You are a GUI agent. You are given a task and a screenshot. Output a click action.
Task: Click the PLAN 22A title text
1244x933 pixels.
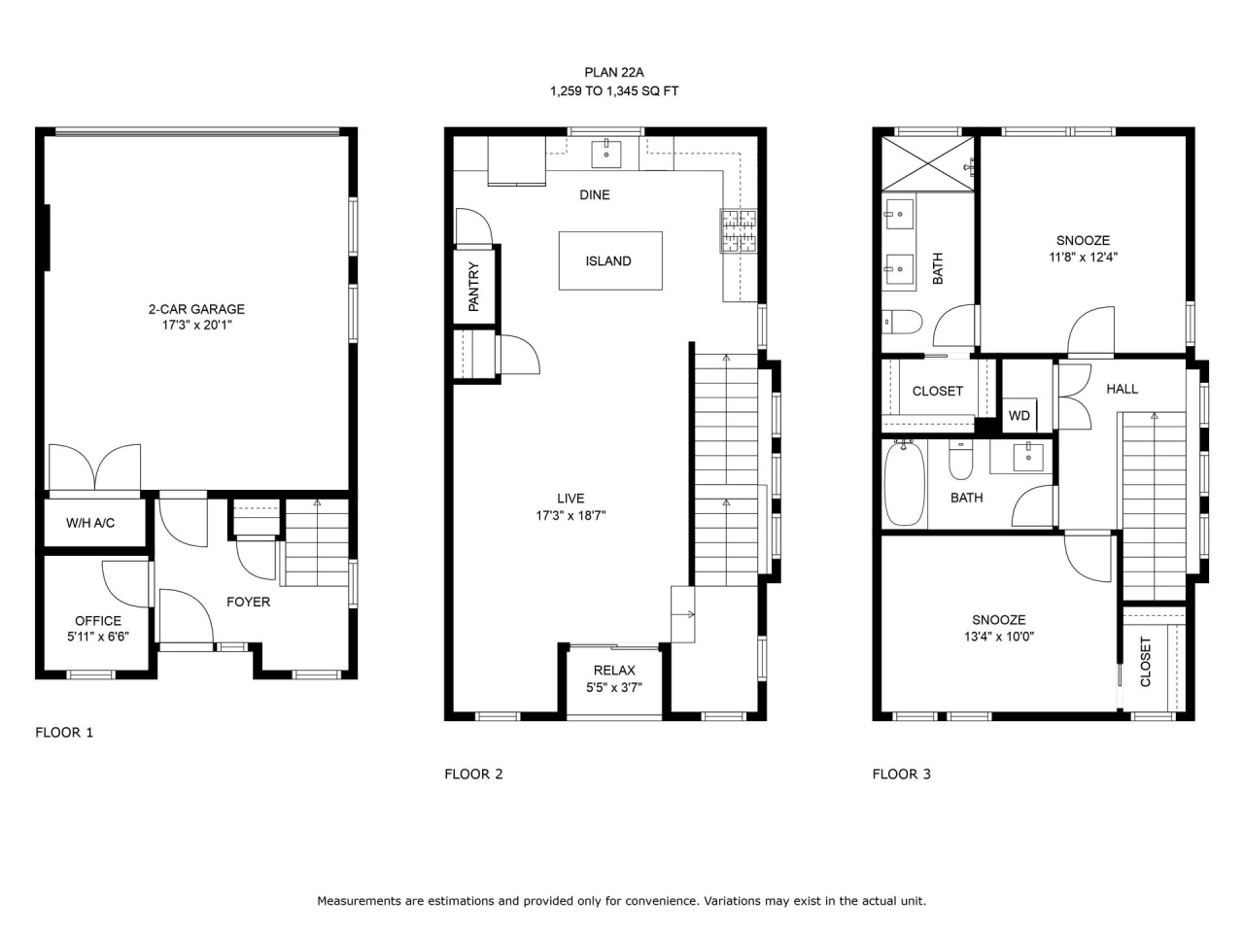[614, 73]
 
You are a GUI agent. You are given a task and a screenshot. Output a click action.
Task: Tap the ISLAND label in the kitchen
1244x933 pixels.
[608, 261]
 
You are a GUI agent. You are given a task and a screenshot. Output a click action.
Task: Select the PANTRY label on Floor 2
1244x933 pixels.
[474, 287]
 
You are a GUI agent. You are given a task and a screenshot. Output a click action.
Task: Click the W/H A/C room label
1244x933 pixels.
[90, 523]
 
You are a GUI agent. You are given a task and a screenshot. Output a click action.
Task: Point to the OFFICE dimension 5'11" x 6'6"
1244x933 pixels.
[98, 637]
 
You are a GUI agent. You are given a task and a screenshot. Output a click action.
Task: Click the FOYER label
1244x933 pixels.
[248, 602]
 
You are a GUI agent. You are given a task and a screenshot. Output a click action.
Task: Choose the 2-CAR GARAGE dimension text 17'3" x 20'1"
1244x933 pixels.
[197, 326]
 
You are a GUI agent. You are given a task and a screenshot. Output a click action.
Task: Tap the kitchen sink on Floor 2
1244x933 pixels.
[606, 154]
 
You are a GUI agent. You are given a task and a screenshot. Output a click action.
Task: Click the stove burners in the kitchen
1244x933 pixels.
[739, 230]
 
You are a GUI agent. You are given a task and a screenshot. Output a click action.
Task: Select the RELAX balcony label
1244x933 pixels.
[614, 671]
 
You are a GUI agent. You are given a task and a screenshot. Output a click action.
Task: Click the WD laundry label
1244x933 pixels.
[1019, 416]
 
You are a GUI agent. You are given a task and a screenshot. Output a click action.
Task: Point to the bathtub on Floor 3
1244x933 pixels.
[905, 483]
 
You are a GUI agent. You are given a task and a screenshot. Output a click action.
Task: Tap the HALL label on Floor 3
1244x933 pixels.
[1123, 389]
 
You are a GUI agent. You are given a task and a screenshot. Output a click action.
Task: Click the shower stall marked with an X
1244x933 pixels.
[928, 164]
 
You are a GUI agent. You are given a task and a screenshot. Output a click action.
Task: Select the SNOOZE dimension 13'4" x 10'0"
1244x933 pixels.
[999, 637]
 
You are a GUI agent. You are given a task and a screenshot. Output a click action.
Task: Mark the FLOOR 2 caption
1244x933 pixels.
[474, 774]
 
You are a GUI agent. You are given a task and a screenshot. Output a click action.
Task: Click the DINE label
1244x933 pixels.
[595, 195]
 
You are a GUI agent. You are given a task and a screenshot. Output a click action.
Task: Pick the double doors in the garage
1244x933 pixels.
[94, 467]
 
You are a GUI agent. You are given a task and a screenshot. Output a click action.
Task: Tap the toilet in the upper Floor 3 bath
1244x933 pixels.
[901, 321]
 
